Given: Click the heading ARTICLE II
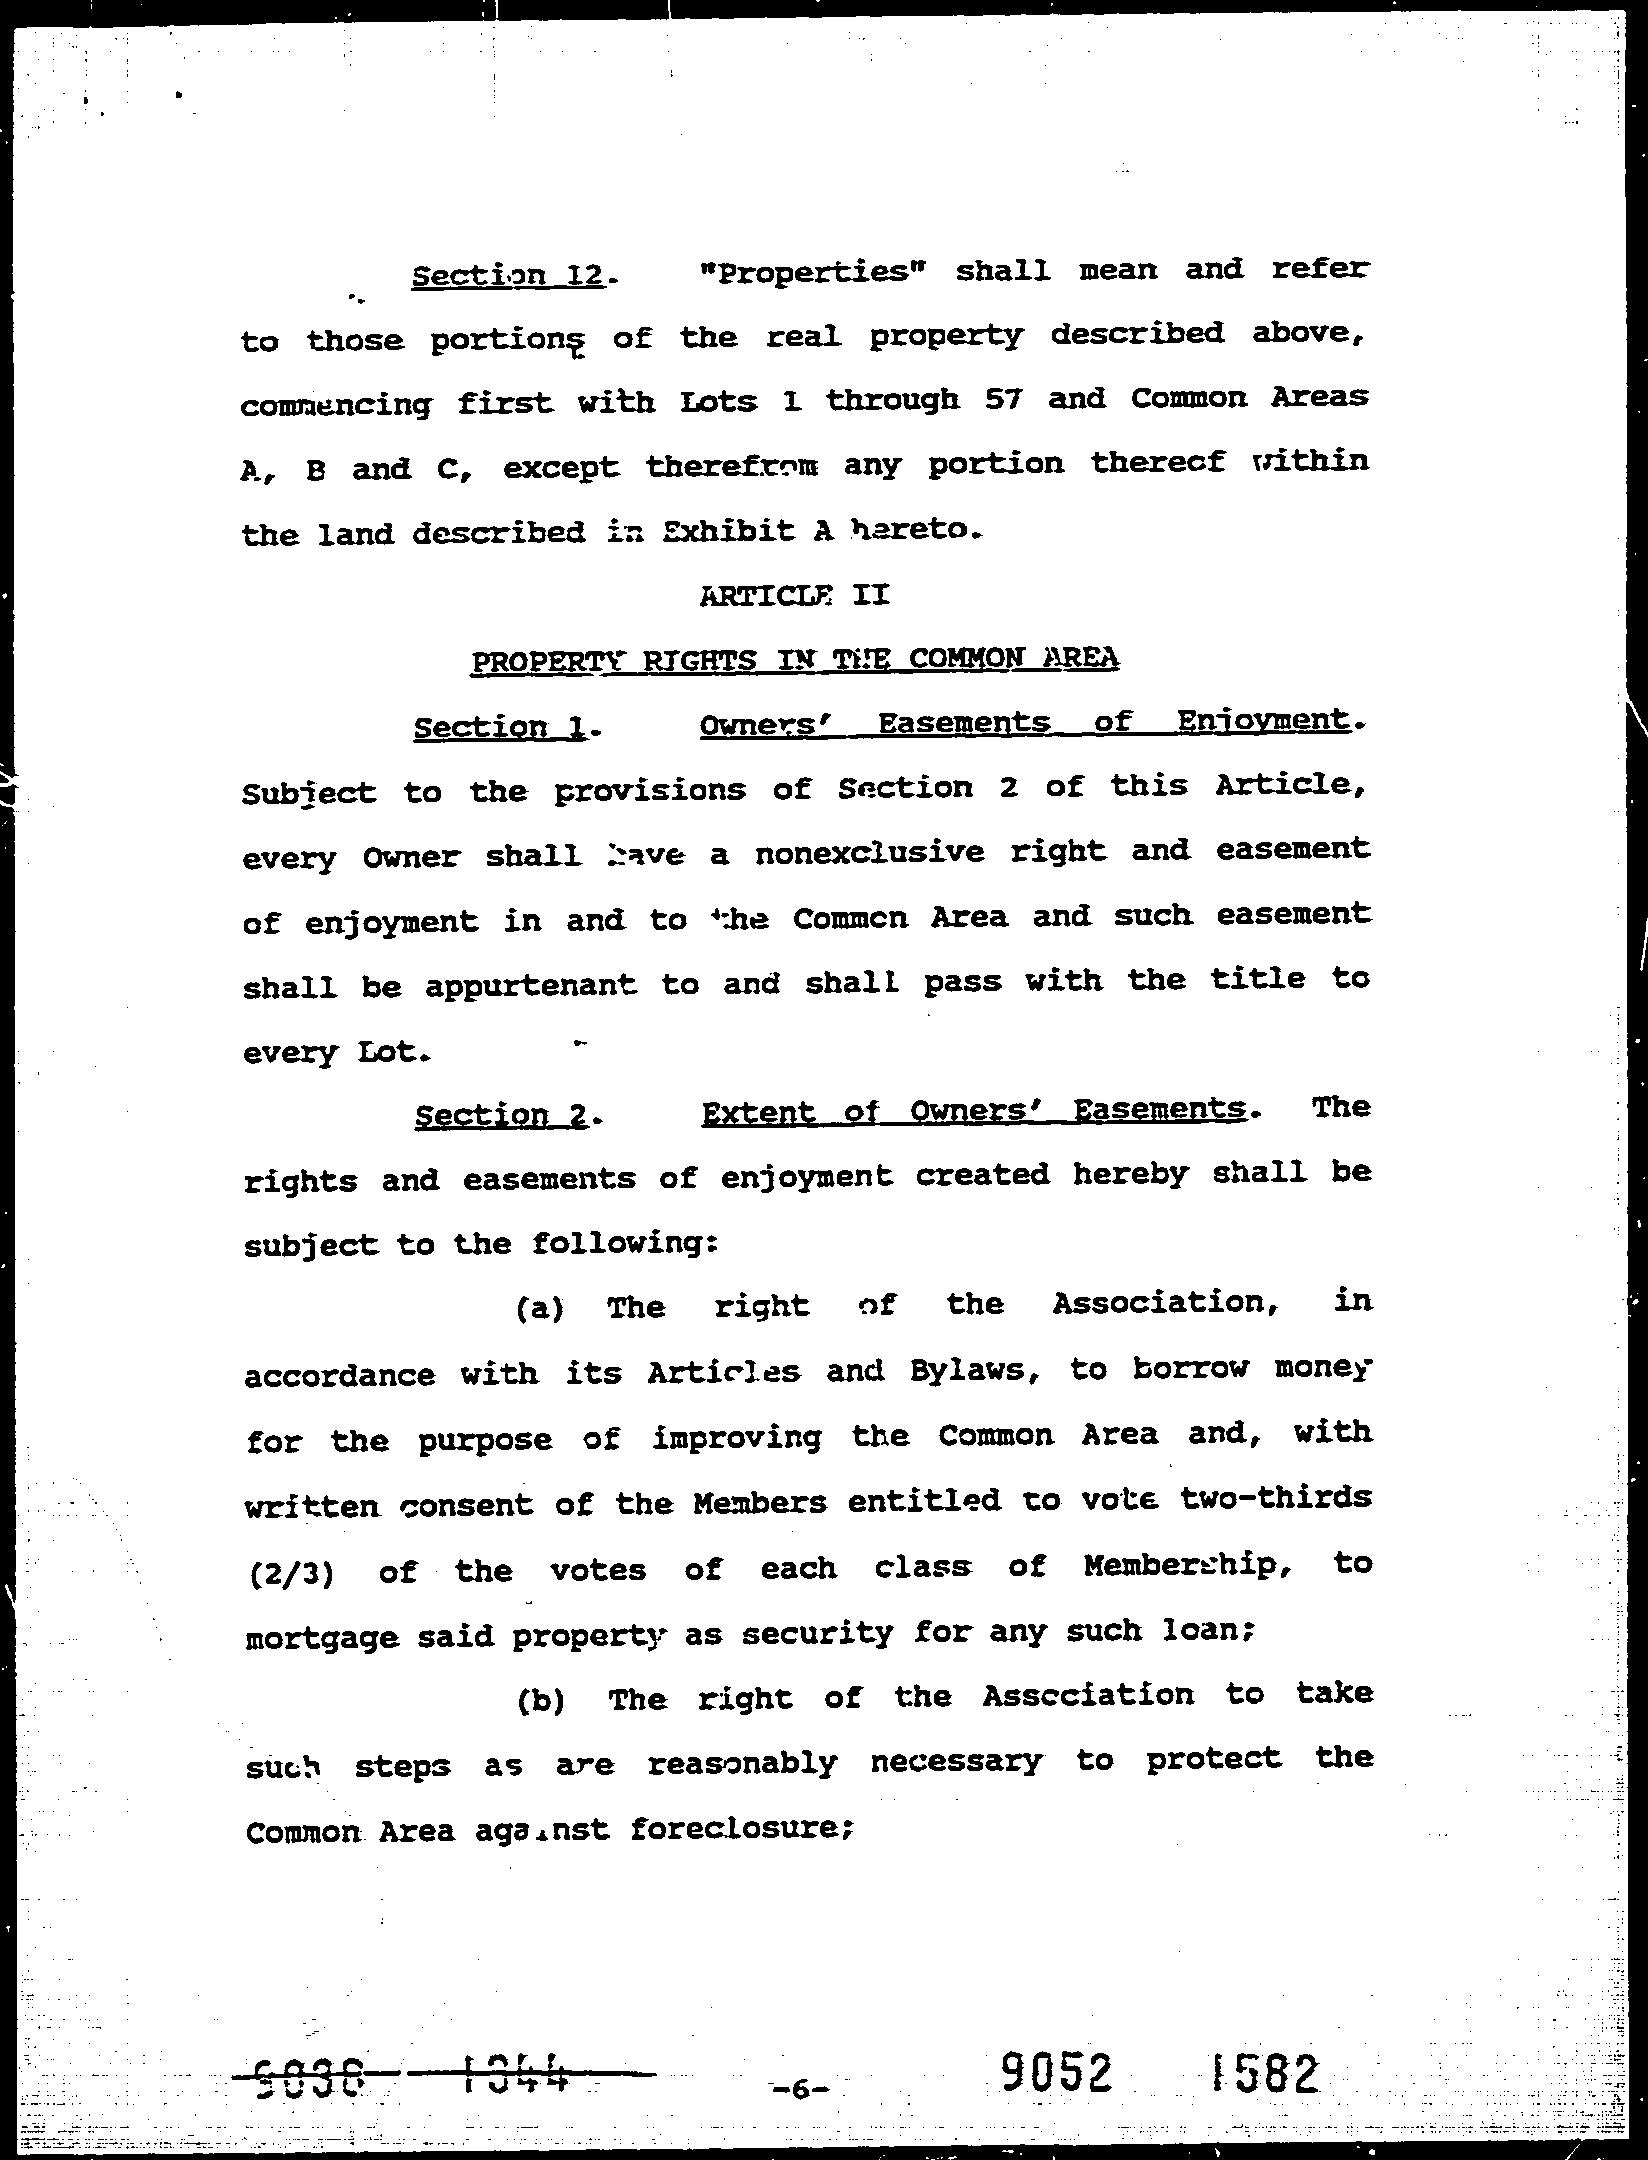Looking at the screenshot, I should tap(794, 596).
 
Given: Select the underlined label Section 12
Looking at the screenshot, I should tap(509, 274).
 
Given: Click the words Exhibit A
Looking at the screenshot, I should tap(748, 531).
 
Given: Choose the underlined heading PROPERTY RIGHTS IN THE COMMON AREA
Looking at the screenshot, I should tap(794, 659).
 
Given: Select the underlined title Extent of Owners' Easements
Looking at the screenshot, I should tap(974, 1111).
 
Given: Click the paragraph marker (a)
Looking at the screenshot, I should tap(541, 1308).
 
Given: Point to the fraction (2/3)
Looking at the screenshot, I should tap(290, 1573).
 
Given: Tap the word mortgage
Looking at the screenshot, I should tap(322, 1637).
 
